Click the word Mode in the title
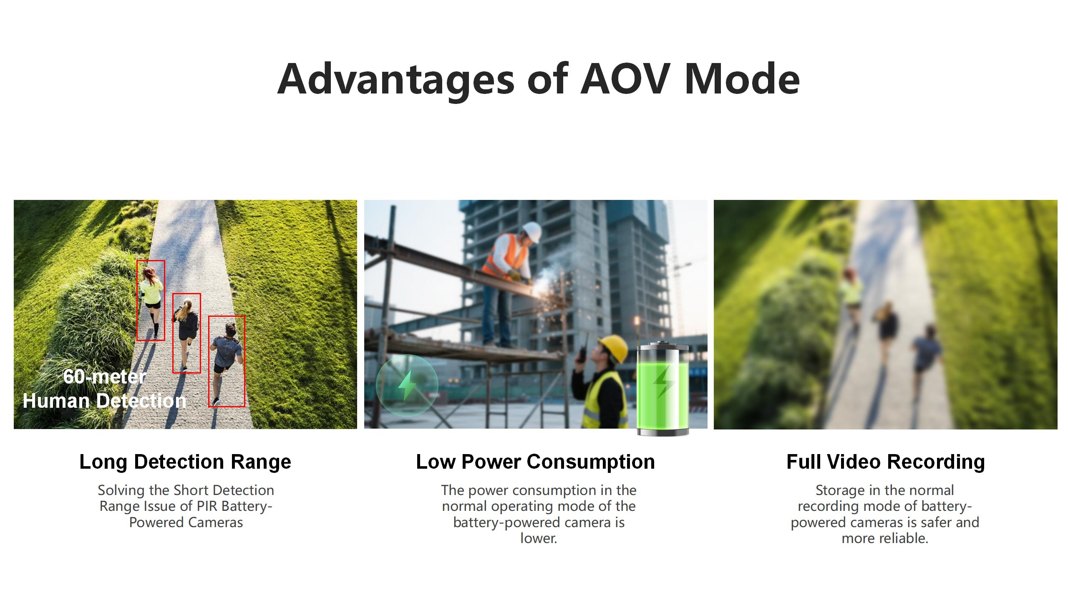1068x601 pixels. point(742,78)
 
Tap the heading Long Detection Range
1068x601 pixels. point(185,462)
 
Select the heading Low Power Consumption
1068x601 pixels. point(535,462)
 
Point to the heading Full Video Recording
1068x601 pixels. point(886,462)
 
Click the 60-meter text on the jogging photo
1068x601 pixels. point(105,376)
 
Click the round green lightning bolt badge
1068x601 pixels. point(407,386)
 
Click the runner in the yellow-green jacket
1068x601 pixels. point(151,300)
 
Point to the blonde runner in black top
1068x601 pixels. point(186,332)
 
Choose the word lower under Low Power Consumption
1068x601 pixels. point(539,538)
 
